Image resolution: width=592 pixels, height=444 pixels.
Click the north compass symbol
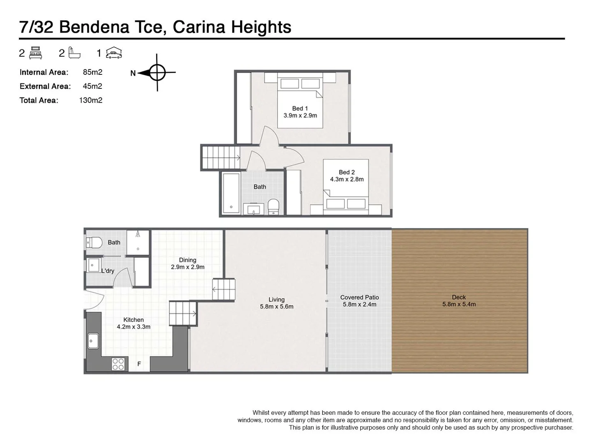click(157, 73)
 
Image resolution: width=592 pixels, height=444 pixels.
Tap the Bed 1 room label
click(300, 109)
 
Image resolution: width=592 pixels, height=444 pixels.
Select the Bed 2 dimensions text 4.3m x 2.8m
click(347, 179)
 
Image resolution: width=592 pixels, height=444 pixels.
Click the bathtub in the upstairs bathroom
click(231, 193)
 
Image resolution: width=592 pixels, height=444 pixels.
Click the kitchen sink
click(93, 340)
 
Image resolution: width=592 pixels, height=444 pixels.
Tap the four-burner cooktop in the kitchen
click(118, 364)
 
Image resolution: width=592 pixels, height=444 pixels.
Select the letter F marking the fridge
click(139, 364)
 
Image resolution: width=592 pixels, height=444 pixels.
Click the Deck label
click(459, 297)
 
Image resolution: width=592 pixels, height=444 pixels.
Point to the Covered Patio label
click(359, 297)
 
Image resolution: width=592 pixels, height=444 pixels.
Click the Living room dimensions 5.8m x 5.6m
click(277, 307)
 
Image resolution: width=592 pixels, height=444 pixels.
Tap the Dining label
click(187, 260)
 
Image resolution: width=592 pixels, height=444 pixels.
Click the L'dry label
click(108, 271)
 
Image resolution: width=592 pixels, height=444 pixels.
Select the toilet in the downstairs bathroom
click(94, 243)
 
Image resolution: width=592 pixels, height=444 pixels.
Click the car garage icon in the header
click(114, 53)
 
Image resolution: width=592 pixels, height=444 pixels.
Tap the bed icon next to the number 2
click(36, 53)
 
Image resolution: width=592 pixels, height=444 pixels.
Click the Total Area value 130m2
click(90, 100)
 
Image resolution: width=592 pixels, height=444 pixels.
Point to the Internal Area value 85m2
click(92, 72)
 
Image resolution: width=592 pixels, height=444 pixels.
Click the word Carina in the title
click(199, 27)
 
